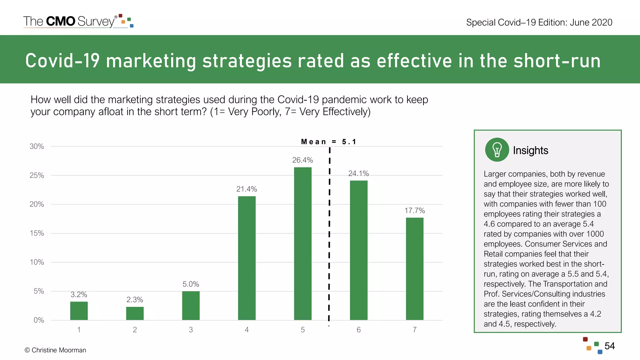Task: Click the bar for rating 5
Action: point(302,244)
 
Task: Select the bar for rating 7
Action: point(414,269)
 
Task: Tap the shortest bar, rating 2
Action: point(135,313)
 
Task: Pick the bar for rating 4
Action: point(247,258)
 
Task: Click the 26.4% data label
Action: point(302,160)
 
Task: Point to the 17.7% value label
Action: point(414,211)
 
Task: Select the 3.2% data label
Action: point(79,294)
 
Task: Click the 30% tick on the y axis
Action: point(37,146)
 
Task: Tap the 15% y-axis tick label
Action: point(37,233)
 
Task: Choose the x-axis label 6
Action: point(358,330)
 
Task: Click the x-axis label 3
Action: point(191,330)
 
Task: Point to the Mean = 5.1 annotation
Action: point(328,142)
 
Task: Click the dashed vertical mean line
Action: point(329,234)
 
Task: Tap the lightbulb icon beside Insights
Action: point(497,150)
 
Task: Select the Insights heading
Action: point(530,150)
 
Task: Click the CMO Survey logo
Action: point(78,21)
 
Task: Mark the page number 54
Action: point(609,346)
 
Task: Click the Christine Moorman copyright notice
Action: point(55,350)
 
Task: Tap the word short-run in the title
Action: point(557,61)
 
